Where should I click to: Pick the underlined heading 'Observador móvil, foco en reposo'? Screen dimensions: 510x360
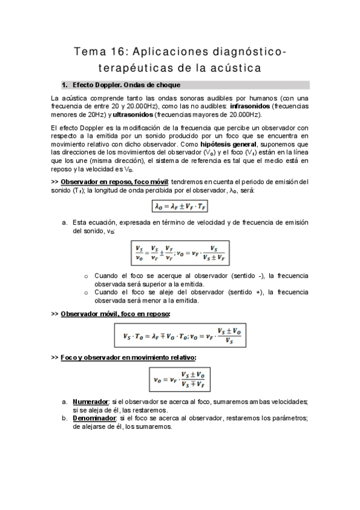click(115, 314)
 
